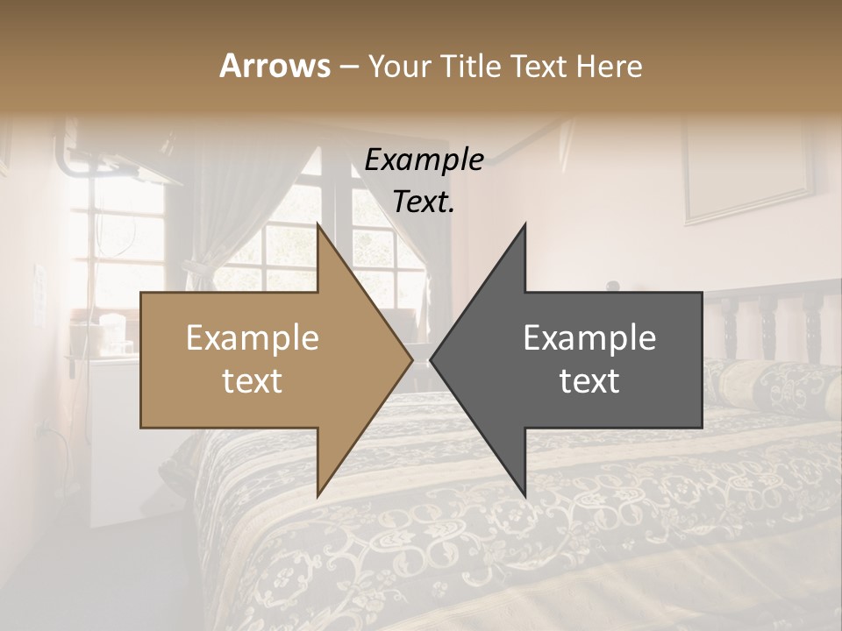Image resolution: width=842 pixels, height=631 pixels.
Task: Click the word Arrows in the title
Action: [x=275, y=66]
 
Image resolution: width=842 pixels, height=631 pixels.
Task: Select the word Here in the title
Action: [x=609, y=66]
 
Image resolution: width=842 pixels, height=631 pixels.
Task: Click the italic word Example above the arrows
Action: [x=424, y=160]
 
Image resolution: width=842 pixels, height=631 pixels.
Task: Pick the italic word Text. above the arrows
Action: [x=424, y=202]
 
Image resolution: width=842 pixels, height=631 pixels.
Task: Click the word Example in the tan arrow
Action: [x=253, y=337]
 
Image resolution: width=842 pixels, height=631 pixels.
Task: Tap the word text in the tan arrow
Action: [x=253, y=380]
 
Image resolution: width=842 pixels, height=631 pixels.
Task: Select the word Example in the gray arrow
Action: [x=589, y=337]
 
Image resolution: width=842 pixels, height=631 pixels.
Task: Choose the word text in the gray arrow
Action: [x=589, y=380]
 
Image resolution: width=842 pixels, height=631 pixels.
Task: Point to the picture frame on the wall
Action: [x=748, y=175]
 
